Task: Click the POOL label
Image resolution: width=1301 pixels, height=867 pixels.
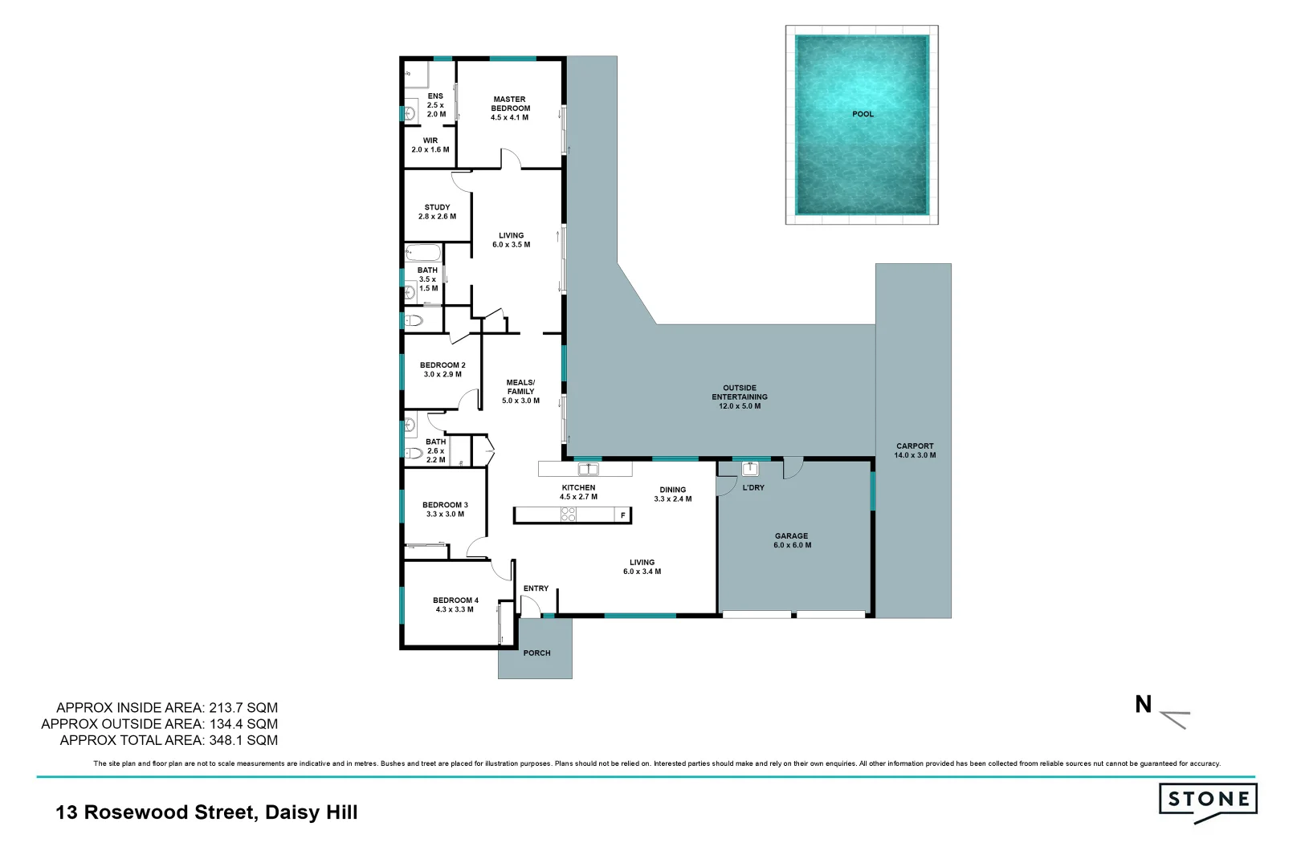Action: click(x=863, y=114)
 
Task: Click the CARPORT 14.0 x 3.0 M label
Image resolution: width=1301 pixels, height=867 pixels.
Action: click(x=915, y=450)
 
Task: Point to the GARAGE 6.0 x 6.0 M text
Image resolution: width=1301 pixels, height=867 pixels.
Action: click(x=792, y=540)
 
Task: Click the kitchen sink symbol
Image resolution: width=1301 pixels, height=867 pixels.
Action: click(x=588, y=469)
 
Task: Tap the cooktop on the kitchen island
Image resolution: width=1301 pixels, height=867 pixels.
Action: click(x=569, y=515)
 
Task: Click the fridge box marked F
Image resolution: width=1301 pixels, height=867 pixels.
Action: click(x=622, y=515)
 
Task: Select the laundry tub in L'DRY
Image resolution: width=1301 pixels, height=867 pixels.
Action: click(x=750, y=469)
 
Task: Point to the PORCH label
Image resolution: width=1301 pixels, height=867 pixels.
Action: click(x=536, y=653)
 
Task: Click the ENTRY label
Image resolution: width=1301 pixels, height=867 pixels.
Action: click(x=536, y=588)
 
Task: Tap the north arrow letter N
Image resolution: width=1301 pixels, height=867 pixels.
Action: click(x=1143, y=705)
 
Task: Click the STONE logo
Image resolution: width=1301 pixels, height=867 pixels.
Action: click(x=1208, y=800)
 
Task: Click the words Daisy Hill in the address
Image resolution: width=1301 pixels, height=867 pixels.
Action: click(x=312, y=812)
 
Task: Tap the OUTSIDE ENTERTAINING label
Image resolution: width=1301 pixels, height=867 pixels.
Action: click(x=740, y=397)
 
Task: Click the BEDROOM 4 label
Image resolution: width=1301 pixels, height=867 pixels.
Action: click(x=455, y=604)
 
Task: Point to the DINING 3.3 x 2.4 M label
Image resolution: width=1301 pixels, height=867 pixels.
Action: click(x=673, y=494)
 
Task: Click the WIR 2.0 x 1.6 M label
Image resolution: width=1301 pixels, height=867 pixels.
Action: click(x=430, y=145)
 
